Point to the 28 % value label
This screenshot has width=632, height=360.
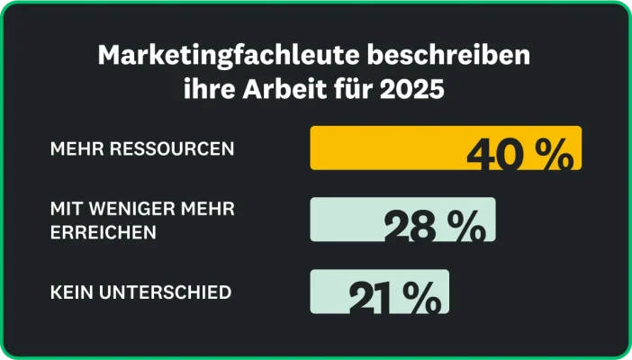pos(434,227)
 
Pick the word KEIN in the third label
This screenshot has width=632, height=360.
pos(70,292)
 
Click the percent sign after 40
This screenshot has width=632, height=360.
pos(552,155)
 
